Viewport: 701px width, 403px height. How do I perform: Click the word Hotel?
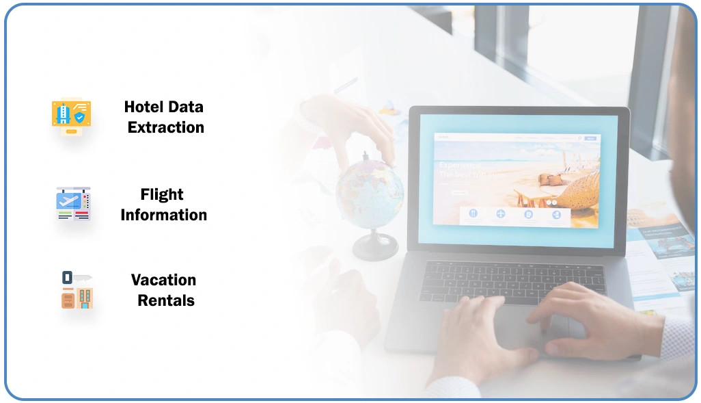pos(143,107)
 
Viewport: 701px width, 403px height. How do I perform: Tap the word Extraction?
pos(165,127)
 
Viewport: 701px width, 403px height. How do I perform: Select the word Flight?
pos(162,194)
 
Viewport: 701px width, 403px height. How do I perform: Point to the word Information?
pos(163,215)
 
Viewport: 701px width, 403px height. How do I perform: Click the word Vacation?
pos(163,280)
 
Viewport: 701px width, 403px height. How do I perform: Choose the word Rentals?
pos(166,300)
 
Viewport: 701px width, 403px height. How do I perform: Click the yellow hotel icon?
pos(71,116)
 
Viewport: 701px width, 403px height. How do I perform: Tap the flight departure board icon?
pos(73,203)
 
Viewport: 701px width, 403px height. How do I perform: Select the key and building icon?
pos(76,290)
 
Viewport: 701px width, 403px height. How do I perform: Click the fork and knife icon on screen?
pos(472,214)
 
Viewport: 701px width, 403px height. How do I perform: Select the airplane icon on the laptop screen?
pos(500,214)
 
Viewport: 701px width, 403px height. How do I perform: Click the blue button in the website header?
pos(590,138)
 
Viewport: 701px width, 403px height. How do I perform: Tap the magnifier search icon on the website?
pos(580,138)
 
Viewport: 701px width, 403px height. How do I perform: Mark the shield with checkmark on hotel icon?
pos(80,118)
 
